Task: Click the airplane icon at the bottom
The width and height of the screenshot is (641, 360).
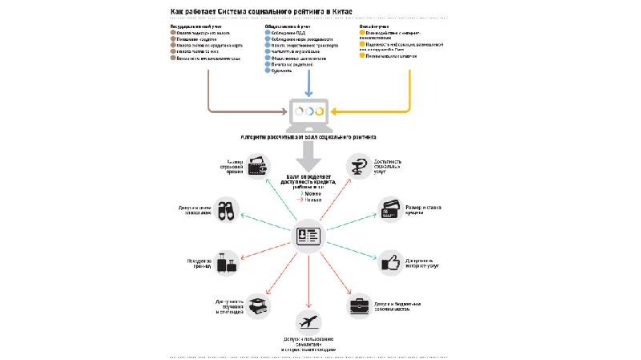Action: [306, 322]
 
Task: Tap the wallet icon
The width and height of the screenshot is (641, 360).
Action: [258, 167]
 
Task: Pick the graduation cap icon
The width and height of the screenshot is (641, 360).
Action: [259, 305]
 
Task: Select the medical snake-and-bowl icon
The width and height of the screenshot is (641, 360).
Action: [357, 167]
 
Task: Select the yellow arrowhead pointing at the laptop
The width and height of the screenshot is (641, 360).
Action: [337, 111]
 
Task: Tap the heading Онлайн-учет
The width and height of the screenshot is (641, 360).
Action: [376, 26]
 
